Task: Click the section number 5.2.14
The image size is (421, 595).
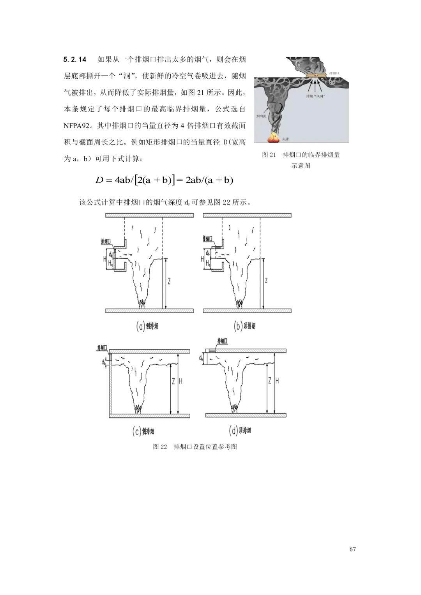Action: [x=75, y=60]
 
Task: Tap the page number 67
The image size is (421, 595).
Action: [x=352, y=549]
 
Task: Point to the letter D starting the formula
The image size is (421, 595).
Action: [x=99, y=180]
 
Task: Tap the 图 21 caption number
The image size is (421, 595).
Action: [x=269, y=155]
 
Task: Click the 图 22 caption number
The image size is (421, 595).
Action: [x=160, y=447]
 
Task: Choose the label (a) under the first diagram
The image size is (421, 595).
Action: [x=140, y=326]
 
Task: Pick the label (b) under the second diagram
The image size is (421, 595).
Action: [x=238, y=326]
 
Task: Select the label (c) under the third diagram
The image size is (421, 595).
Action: [x=137, y=431]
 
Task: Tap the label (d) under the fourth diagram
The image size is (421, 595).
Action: [x=233, y=431]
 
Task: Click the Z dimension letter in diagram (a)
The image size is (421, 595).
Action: [x=169, y=281]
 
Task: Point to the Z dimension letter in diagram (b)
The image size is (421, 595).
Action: [x=266, y=281]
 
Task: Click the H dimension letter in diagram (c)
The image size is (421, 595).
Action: [x=180, y=381]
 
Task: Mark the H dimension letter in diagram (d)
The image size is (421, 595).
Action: [x=277, y=381]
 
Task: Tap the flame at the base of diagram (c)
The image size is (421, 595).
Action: [x=138, y=409]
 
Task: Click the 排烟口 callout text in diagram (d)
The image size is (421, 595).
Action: [x=222, y=341]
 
